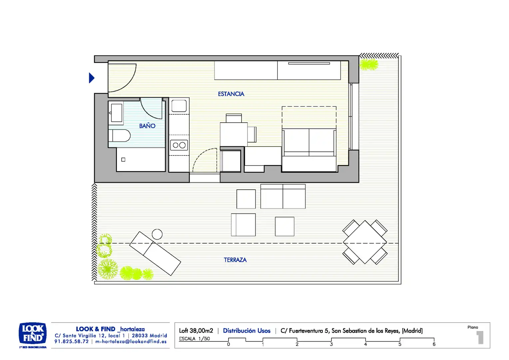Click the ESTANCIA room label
tap(231, 94)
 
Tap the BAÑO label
tap(147, 126)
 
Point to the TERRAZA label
tap(235, 260)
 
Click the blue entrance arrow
tap(92, 78)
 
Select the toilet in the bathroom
tap(119, 136)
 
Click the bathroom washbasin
tap(116, 113)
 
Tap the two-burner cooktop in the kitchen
tap(179, 145)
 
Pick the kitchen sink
tap(179, 106)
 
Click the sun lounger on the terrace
tap(155, 253)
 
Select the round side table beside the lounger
tap(157, 234)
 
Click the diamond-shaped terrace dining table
tap(365, 242)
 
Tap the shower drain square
tap(123, 160)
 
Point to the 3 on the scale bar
tap(331, 344)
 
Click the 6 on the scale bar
tap(434, 344)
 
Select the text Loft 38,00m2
tap(196, 330)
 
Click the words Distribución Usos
tap(247, 330)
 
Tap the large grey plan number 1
tap(480, 338)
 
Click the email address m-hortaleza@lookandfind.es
tap(131, 341)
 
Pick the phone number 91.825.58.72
tap(71, 341)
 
